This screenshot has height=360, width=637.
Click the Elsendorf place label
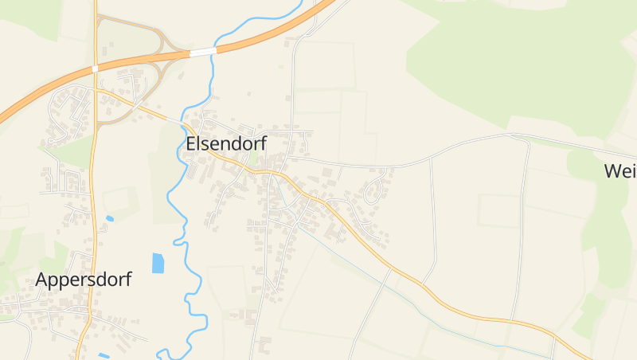coord(226,143)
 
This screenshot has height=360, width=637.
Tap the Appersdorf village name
coord(83,280)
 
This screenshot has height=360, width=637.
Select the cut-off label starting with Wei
coord(620,170)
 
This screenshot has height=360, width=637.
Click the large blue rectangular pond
coord(158,263)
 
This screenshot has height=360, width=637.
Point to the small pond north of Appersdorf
coord(110,218)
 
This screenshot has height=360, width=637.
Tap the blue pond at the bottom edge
coord(104,355)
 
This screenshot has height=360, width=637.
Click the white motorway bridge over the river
coord(203,52)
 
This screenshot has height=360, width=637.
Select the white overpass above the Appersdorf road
coord(95,68)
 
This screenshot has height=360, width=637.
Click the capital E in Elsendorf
coord(191,143)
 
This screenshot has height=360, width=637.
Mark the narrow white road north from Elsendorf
coord(292,88)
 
